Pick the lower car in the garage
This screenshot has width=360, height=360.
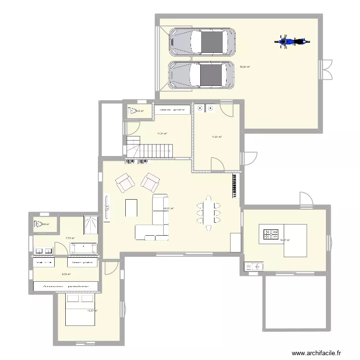tap(202, 75)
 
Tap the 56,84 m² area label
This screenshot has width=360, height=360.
tap(245, 68)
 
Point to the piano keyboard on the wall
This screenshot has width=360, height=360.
tap(235, 186)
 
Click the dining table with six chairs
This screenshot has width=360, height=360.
tap(208, 212)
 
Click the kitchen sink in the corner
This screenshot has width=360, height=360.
tap(254, 266)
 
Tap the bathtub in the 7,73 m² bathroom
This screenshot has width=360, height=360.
tap(84, 248)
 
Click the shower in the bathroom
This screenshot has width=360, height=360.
tap(91, 224)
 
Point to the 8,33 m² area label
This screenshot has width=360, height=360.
tap(66, 275)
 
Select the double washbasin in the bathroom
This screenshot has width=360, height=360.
tap(44, 251)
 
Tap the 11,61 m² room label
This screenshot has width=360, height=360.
tap(216, 137)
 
